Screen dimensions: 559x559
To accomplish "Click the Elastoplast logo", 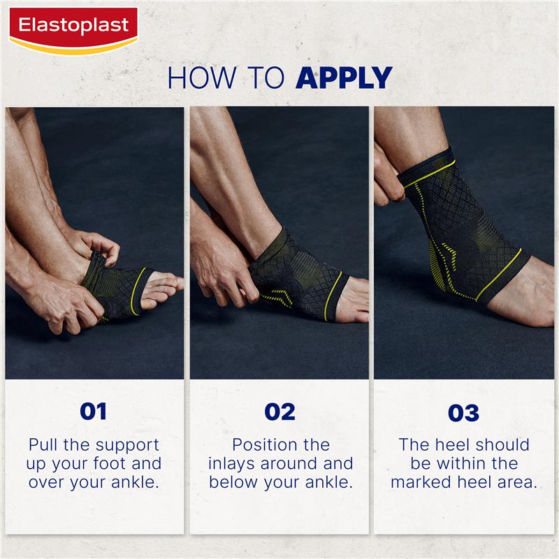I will (x=73, y=27).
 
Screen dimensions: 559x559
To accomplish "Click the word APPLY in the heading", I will (x=343, y=78).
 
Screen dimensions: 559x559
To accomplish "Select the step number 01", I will (x=94, y=412).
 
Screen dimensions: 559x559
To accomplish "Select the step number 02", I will (x=279, y=412).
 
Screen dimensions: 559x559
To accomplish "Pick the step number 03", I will (x=464, y=413).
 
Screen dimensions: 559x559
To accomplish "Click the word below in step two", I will (x=233, y=482).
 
